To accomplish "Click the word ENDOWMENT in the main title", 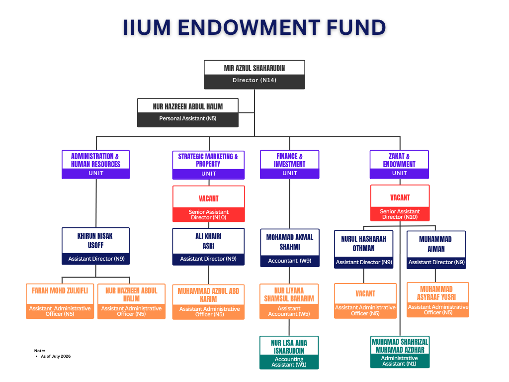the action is click(249, 27).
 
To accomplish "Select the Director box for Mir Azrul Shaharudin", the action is click(254, 75).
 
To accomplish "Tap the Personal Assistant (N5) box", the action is click(187, 113).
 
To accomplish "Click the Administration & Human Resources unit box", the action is click(96, 164).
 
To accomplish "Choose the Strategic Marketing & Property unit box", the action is click(208, 165).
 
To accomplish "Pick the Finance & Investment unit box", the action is click(290, 164).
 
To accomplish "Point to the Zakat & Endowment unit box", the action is click(399, 164).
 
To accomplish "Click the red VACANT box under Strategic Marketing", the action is click(209, 203).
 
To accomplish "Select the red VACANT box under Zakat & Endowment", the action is click(400, 203).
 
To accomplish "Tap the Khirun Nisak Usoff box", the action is click(96, 246).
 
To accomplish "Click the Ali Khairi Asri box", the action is click(208, 247).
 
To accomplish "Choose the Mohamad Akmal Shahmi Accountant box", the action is click(290, 248).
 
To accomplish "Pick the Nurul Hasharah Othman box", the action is click(363, 250).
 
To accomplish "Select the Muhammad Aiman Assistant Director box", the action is click(436, 250).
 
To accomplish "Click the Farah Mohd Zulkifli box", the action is click(60, 301).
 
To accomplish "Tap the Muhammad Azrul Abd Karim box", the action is click(208, 302).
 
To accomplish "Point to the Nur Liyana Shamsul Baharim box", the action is click(289, 301).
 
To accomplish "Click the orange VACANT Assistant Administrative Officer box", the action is click(365, 301).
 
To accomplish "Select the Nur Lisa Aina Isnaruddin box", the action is click(289, 353).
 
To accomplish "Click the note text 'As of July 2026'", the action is click(56, 356).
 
